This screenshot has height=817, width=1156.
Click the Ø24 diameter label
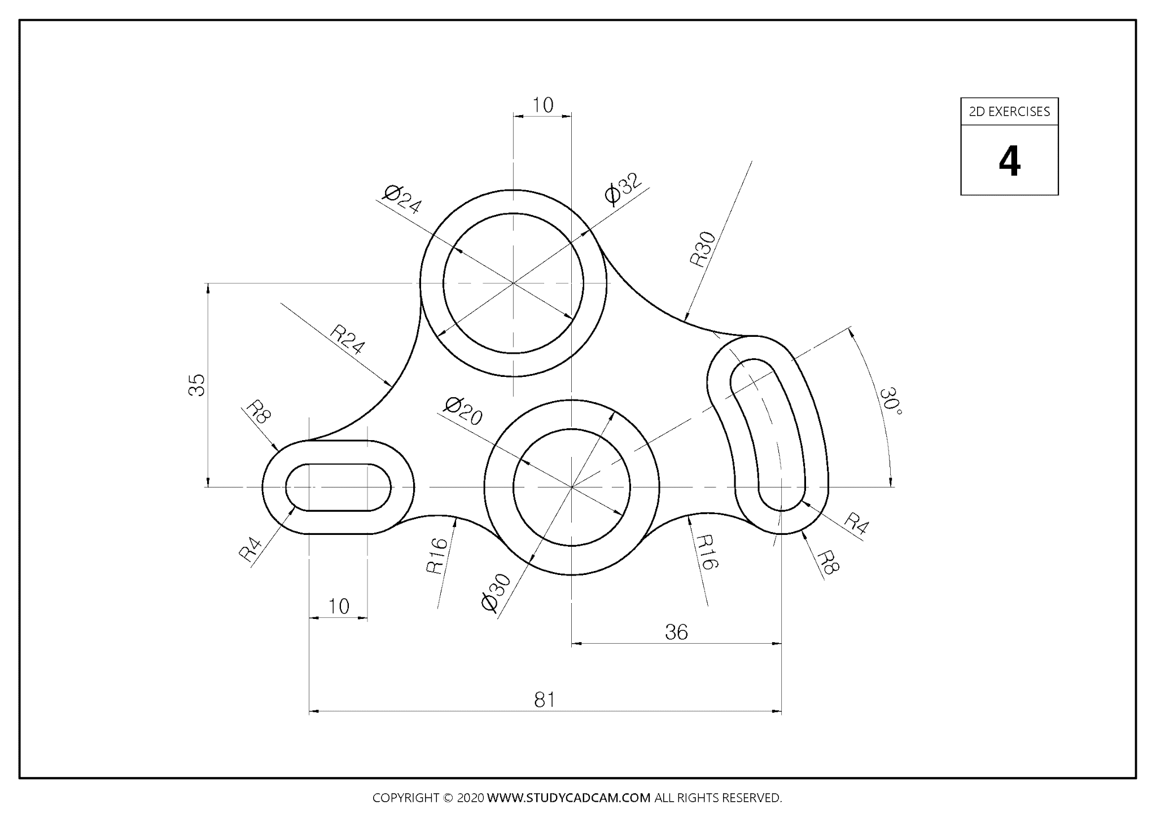coord(402,200)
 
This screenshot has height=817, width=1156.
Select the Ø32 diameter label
coord(623,188)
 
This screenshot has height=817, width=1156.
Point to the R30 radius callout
coord(703,249)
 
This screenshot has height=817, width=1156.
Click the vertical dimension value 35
coord(197,385)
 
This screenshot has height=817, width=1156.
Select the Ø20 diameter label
coord(463,411)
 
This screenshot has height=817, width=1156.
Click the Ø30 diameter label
coord(496,592)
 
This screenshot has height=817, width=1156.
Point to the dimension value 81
coord(545,700)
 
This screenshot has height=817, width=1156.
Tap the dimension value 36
coord(676,632)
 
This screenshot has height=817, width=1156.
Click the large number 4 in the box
coord(1009,162)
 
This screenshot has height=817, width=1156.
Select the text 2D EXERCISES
coord(1009,112)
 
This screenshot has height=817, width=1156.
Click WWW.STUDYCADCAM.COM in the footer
coord(568,798)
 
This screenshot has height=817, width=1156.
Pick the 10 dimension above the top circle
coord(542,105)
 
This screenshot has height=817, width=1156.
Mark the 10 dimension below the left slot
coord(339,607)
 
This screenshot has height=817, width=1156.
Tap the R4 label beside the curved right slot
coord(856,524)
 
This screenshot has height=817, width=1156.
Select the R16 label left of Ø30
coord(437,556)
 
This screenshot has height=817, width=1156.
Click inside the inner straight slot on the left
coord(338,487)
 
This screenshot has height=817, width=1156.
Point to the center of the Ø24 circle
coord(513,283)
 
